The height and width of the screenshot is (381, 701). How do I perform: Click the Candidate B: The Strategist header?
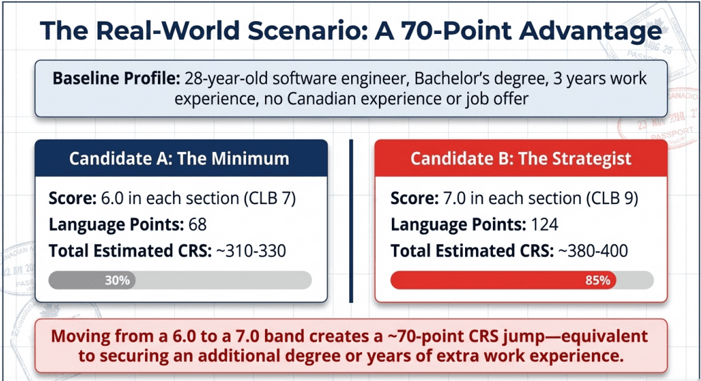(x=521, y=159)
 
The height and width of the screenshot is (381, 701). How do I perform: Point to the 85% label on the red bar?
(x=597, y=280)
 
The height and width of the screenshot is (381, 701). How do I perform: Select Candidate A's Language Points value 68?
(x=198, y=225)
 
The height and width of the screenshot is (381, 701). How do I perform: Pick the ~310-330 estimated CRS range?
(x=251, y=251)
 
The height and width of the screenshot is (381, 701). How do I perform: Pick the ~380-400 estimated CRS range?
(x=593, y=251)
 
